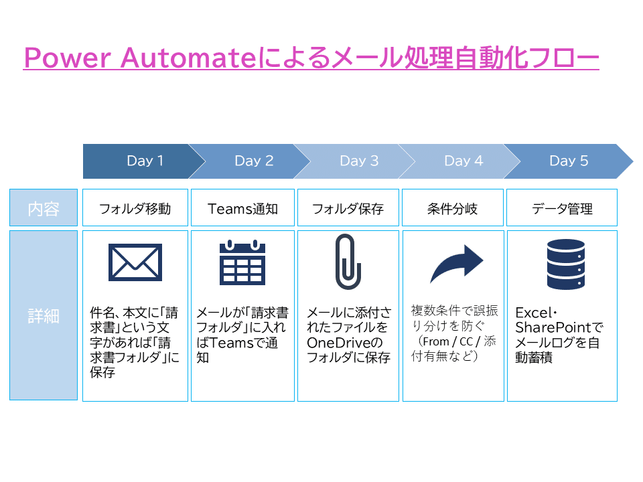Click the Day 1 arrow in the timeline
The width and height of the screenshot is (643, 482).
pos(144,161)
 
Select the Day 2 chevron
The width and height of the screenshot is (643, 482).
pos(254,161)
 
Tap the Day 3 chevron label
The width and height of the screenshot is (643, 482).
pos(359,161)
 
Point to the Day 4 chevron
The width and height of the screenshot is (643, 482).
pos(463,161)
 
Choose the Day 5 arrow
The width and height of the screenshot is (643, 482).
pos(569,161)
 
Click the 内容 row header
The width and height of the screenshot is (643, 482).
pos(44,208)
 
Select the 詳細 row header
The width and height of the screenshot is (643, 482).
pos(44,315)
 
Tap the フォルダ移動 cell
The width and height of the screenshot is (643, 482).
pos(135,208)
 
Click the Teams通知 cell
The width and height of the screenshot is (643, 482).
pos(242,208)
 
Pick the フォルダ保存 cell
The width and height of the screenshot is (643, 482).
pos(348,208)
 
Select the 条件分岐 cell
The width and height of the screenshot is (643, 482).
pos(452,208)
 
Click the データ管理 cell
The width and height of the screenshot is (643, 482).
pos(562,208)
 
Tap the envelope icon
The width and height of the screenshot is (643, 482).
pos(135,262)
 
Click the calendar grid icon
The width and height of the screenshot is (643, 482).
pos(242,262)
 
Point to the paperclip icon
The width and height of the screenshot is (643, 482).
pos(348,262)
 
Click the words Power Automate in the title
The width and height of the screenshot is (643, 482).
pos(140,58)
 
